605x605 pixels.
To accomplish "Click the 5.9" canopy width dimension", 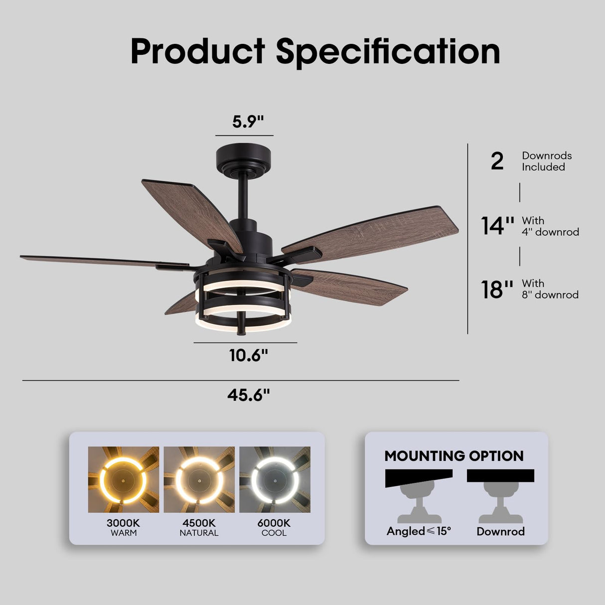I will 248,122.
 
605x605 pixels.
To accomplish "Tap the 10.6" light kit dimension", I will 248,355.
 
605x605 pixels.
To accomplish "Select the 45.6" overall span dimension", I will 248,395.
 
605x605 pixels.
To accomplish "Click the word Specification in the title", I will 388,52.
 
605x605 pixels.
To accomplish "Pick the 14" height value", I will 497,226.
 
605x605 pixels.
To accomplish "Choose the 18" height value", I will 497,290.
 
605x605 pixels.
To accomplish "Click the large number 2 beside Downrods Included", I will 497,161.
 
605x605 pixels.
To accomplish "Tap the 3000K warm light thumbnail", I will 124,479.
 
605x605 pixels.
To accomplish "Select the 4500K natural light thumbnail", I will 199,479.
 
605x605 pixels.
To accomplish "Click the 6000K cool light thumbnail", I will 275,479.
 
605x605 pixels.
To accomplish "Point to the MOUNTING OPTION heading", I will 454,456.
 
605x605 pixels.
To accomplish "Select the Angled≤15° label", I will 419,531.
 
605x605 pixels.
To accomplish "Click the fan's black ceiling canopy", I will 244,157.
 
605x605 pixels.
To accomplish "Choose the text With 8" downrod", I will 550,289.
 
